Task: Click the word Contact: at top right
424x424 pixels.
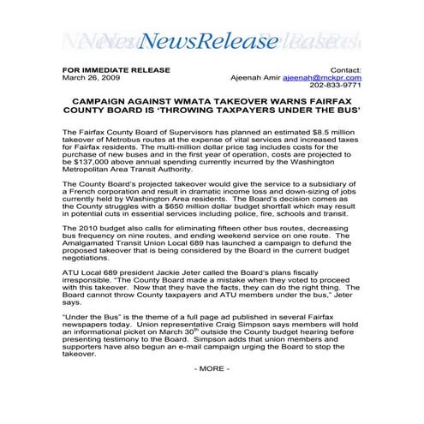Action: (345, 69)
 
